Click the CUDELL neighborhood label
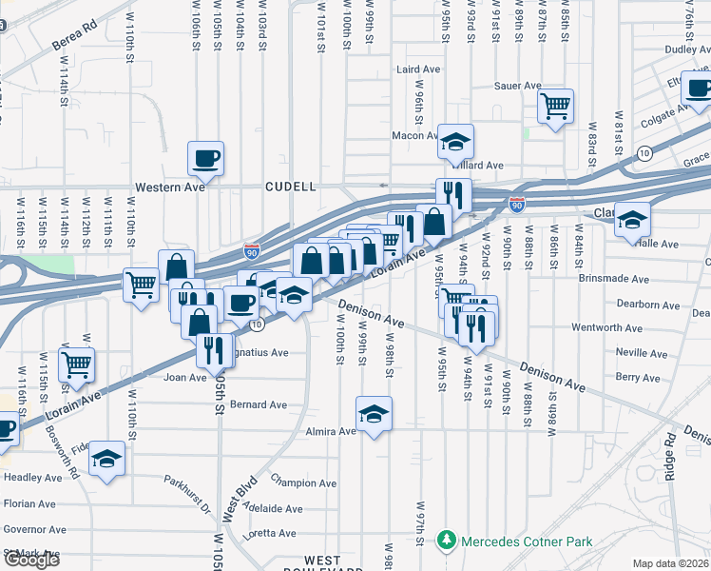[290, 187]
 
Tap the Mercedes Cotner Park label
[527, 542]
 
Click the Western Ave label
[169, 187]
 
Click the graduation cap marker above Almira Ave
[375, 414]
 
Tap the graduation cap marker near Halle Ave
[632, 220]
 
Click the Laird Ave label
[418, 69]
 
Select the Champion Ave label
[304, 483]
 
